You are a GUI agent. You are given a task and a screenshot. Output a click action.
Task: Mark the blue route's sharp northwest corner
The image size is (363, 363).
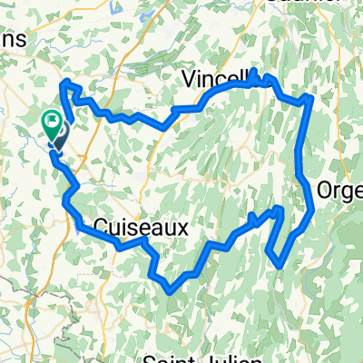point(64,83)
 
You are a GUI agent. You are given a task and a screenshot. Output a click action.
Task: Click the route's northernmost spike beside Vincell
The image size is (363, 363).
point(255,71)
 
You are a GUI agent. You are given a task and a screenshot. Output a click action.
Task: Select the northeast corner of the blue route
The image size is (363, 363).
point(311,96)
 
